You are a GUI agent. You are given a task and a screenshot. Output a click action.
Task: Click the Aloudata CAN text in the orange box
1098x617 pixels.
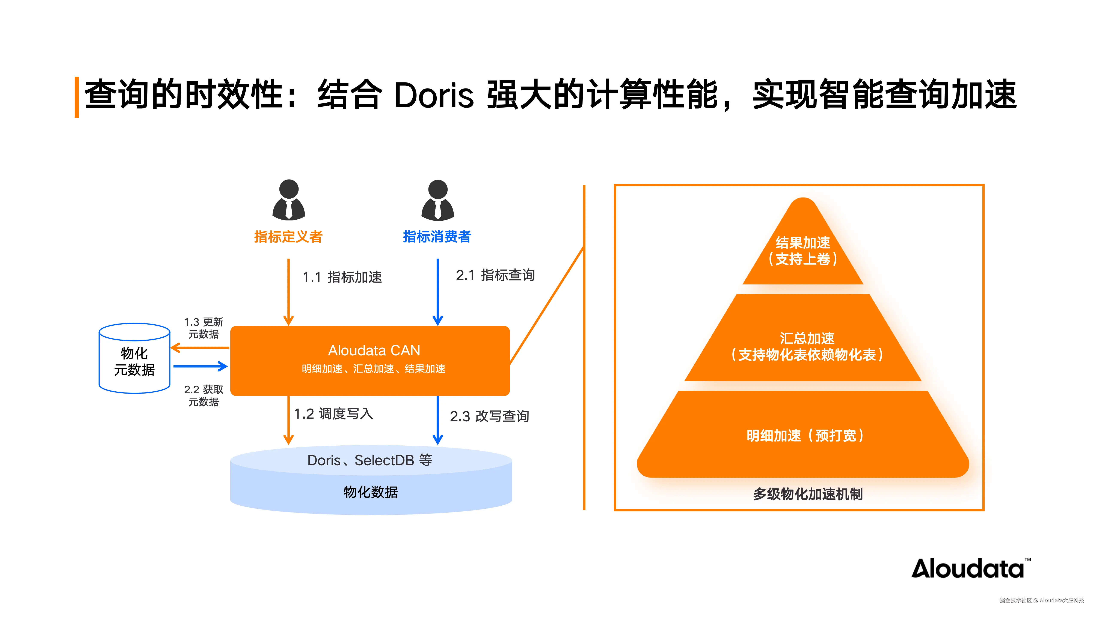[374, 350]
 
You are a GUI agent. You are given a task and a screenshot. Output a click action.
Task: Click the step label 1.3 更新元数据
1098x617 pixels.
[204, 328]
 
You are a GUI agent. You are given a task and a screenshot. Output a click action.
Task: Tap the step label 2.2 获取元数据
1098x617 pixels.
[204, 395]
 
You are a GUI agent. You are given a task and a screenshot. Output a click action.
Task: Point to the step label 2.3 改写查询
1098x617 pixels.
[489, 416]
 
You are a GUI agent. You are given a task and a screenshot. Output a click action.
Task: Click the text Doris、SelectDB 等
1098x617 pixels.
[370, 460]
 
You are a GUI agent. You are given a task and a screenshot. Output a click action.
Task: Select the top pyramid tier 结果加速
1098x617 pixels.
[803, 251]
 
